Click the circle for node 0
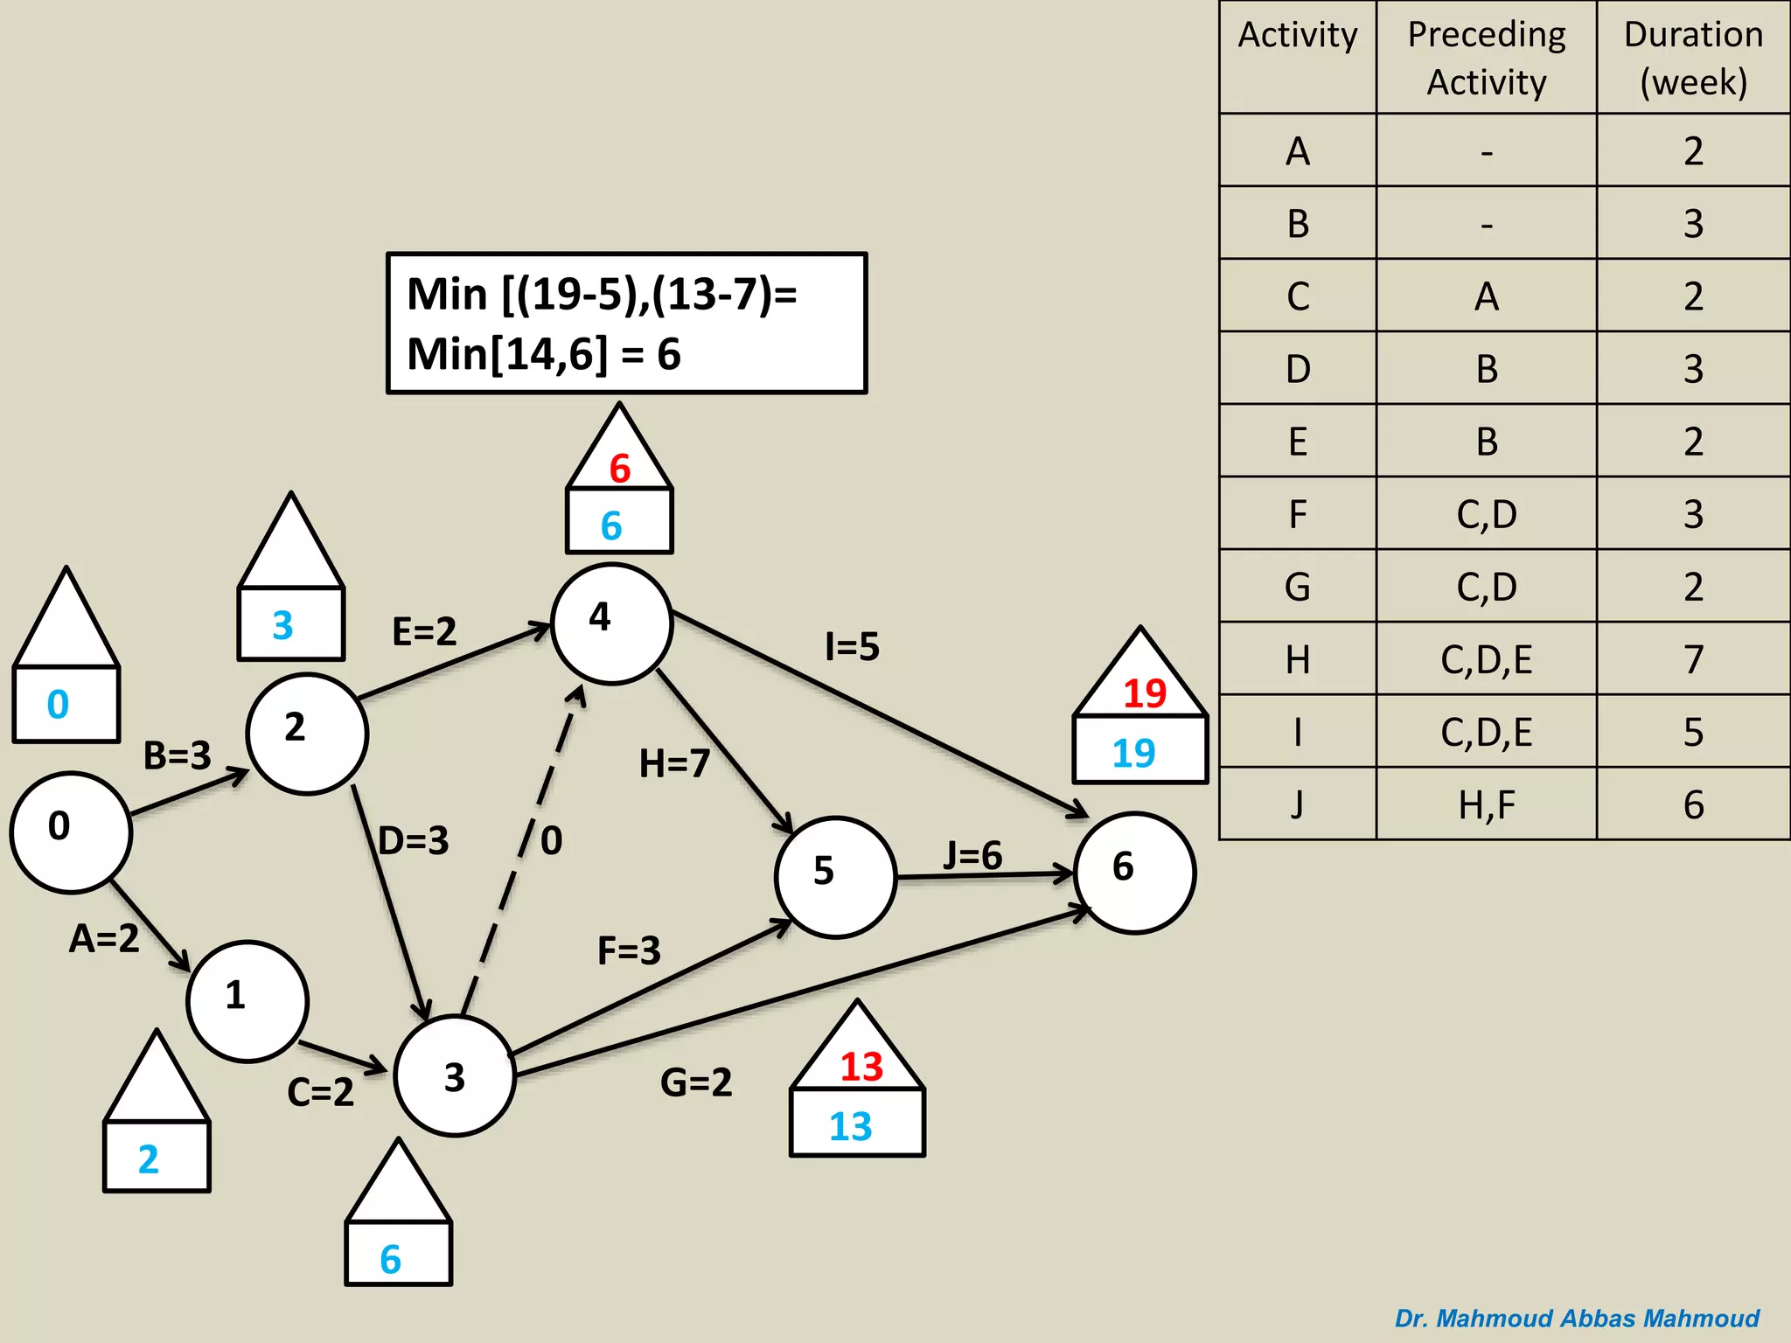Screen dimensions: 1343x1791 [70, 832]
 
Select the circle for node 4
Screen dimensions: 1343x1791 [611, 623]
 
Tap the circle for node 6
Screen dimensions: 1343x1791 [1134, 873]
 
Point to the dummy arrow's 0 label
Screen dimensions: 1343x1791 [551, 841]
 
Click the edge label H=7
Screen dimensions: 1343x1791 [674, 763]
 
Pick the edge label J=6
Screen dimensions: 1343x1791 [972, 855]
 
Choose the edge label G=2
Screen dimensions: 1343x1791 [696, 1082]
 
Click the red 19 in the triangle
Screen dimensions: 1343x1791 [1144, 693]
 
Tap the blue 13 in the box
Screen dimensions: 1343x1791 [851, 1126]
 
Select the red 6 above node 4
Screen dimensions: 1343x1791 [620, 469]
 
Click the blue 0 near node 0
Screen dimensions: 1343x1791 [58, 705]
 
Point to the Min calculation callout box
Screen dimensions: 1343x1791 [626, 324]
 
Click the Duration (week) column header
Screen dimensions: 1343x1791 [1693, 58]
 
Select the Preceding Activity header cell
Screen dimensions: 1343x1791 [1487, 58]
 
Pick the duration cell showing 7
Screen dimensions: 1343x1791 [1693, 659]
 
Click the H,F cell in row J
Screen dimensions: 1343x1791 [1487, 804]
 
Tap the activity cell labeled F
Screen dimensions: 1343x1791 [1298, 514]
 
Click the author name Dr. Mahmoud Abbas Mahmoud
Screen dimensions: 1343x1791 [1577, 1318]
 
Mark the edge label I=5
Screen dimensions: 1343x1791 [853, 647]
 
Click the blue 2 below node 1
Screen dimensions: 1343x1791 [149, 1159]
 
